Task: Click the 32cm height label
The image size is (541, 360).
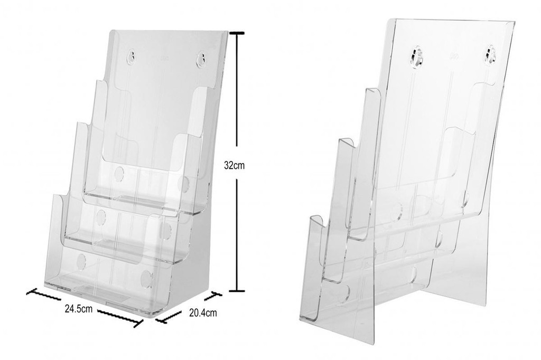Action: (234, 165)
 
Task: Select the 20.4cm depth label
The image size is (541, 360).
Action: (203, 313)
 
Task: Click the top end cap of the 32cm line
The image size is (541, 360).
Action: (236, 33)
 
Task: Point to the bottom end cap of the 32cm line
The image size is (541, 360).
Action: (236, 290)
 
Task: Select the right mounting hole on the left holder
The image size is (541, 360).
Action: (201, 59)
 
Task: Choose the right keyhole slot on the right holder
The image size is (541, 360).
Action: (491, 55)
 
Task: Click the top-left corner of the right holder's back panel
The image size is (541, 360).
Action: (389, 20)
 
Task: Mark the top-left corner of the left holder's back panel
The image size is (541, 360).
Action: (111, 31)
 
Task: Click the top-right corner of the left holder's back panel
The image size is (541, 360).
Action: (228, 32)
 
